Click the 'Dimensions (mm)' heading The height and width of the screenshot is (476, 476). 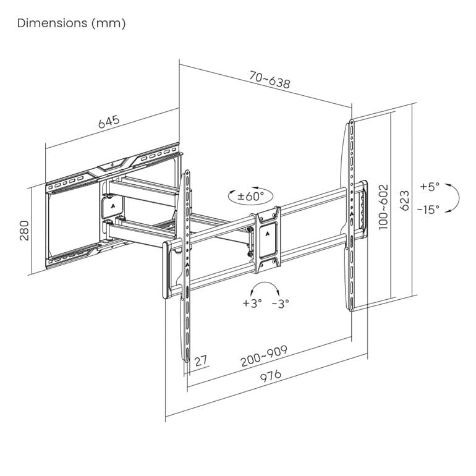click(72, 23)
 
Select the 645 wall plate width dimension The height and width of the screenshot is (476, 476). click(108, 121)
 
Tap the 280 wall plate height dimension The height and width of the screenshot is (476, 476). click(24, 230)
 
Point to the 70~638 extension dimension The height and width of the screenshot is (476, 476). click(270, 80)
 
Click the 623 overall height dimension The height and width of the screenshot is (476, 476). click(404, 201)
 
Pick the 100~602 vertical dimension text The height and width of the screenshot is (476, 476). click(383, 206)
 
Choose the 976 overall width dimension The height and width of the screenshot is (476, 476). click(270, 376)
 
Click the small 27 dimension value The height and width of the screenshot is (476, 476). click(200, 360)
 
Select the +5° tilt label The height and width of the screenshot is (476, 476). click(429, 186)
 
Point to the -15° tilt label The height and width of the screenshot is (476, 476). click(428, 209)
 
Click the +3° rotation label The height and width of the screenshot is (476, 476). click(252, 303)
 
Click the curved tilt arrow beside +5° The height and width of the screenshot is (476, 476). click(454, 198)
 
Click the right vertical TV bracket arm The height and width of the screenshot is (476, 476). click(351, 216)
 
